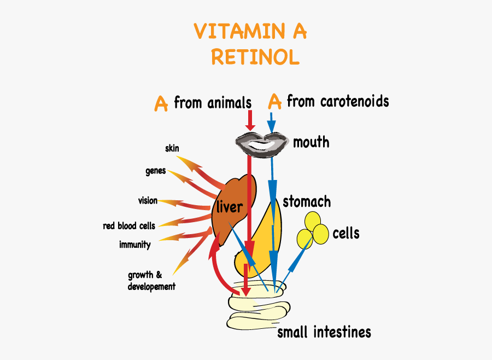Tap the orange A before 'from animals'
coord(161,103)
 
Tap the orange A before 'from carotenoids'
coord(275,101)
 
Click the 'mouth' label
coord(311,143)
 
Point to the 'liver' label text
coord(229,207)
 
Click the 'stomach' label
coord(307,202)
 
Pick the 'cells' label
coord(346,234)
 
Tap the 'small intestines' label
coord(324,332)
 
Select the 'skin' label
coord(172,148)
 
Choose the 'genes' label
coord(155,171)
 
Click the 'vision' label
coord(148,201)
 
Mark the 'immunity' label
coord(134,245)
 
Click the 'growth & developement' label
coord(151,281)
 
